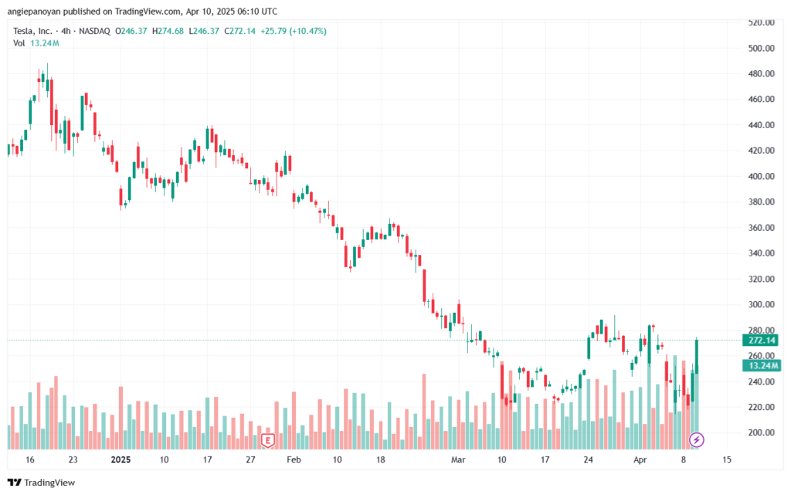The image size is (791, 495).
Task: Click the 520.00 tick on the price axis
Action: coord(762,22)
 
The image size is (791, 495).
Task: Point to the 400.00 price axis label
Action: coord(762,176)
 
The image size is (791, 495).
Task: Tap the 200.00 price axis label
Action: coord(762,432)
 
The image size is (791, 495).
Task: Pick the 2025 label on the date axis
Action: coord(120,459)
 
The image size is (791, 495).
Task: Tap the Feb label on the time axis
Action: coord(294,459)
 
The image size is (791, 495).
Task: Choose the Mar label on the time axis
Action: coord(459,459)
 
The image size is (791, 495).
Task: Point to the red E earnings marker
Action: coord(268,440)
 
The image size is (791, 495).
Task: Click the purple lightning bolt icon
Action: coord(697,440)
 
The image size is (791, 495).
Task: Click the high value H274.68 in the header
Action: coord(162,31)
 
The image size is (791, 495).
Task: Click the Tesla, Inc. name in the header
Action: coord(35,31)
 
